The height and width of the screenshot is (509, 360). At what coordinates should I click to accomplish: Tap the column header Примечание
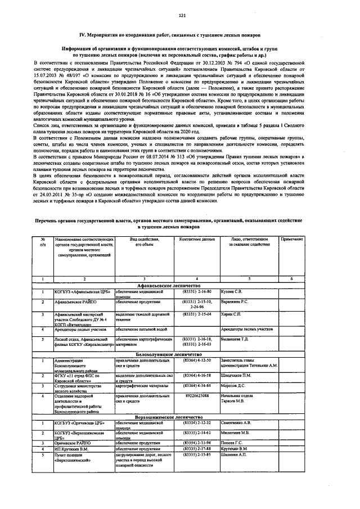[x=292, y=240]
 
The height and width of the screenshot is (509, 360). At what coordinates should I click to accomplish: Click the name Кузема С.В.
[x=231, y=292]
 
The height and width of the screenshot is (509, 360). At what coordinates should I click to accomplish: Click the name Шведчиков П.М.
[x=238, y=374]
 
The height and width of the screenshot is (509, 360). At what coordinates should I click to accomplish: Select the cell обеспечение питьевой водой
[x=139, y=328]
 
